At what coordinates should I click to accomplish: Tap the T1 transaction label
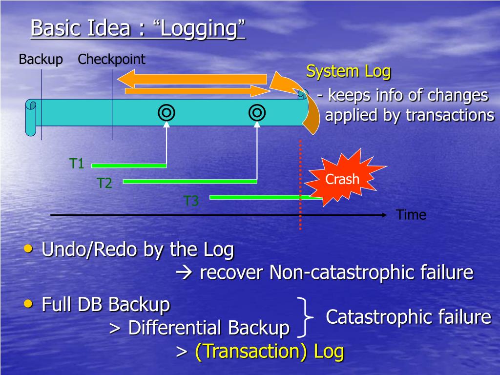77,164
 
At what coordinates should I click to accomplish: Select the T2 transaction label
104,183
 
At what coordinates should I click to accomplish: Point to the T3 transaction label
191,200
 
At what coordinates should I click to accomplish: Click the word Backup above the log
41,60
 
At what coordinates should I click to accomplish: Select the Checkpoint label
111,60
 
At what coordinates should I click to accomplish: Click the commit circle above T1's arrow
166,112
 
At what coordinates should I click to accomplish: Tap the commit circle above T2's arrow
257,112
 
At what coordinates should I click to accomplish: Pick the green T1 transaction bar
129,166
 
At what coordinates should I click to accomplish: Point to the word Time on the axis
411,215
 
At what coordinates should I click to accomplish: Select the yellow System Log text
348,71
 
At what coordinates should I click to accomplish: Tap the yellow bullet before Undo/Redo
29,249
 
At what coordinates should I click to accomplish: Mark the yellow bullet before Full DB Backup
29,304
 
